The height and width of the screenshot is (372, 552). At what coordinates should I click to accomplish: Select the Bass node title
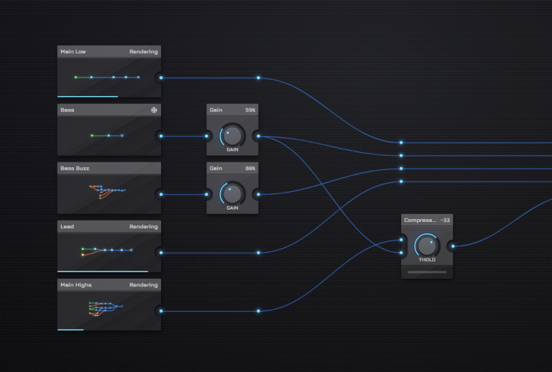pos(67,110)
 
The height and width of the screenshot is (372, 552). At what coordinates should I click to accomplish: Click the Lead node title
pos(67,226)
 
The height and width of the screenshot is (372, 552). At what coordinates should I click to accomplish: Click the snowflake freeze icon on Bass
pos(153,110)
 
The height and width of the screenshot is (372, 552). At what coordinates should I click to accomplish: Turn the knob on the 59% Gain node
pos(232,135)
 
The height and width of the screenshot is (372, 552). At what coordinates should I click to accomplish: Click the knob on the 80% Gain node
pos(232,193)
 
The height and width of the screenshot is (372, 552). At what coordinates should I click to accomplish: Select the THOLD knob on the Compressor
pos(427,246)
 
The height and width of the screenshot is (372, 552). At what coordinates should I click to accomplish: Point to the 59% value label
pos(250,110)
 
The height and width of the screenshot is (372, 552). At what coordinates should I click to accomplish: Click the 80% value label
pos(250,168)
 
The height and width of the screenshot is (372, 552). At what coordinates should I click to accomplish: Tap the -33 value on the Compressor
pos(445,220)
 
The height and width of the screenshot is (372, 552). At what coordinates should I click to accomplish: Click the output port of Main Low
pos(161,78)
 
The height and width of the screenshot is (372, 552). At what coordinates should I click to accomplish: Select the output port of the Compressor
pos(453,246)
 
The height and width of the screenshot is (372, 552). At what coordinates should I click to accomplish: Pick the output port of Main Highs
pos(161,311)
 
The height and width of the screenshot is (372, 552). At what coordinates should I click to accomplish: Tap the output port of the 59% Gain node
pos(258,136)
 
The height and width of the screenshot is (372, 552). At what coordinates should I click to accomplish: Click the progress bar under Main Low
pos(88,96)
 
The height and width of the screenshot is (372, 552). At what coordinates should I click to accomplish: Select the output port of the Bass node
pos(161,136)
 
